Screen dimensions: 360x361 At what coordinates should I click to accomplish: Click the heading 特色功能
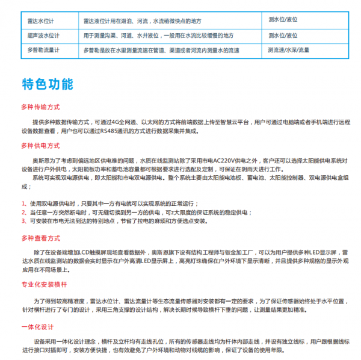click(47, 84)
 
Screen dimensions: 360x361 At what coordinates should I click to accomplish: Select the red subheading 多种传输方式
click(40, 107)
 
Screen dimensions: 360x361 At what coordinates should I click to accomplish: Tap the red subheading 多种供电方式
click(40, 146)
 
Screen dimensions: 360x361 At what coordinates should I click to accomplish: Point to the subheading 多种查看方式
click(40, 237)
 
